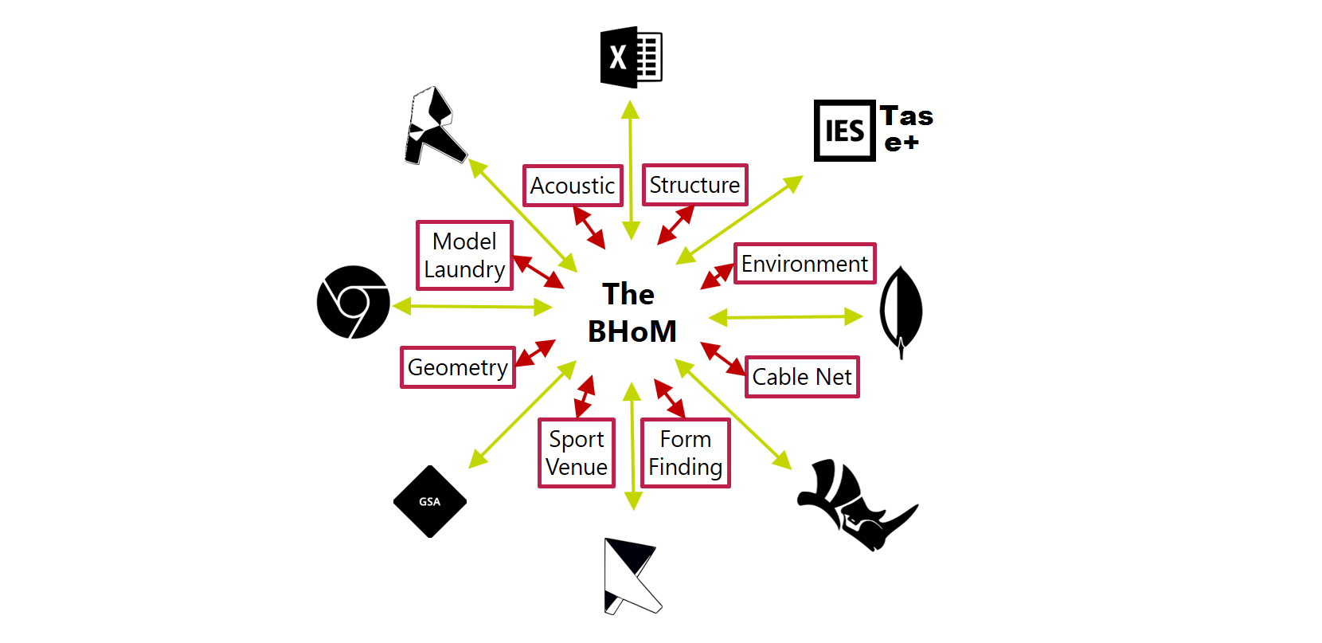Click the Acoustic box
573,186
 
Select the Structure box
694,185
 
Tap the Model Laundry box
464,255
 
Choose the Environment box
804,264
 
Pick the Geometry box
458,367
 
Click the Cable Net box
802,377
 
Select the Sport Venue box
577,453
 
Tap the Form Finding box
686,453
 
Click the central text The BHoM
631,312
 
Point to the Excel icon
631,57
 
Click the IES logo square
844,131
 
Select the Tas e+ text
906,128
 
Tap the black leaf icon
901,310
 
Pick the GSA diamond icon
430,501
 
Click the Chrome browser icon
354,302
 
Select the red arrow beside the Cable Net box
723,359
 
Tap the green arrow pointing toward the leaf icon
785,317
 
